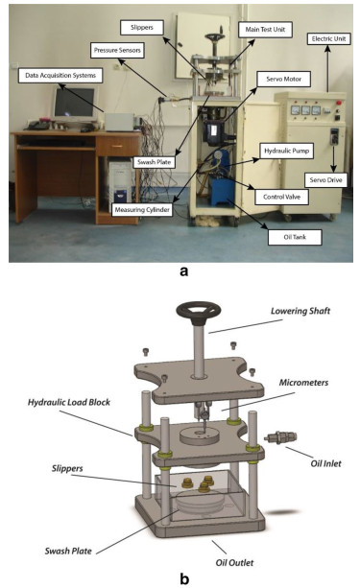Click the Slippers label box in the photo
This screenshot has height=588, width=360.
[142, 28]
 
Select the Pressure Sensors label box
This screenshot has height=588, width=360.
[117, 50]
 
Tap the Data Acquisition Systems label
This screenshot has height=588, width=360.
[60, 76]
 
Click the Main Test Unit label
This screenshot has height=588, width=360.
[265, 29]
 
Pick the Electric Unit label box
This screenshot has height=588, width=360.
[329, 38]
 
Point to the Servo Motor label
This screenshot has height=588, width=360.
[284, 79]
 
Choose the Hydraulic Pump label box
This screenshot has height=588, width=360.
[287, 151]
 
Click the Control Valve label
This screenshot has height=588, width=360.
[281, 197]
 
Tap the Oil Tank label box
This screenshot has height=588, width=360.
[295, 237]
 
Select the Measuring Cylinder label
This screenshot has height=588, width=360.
[142, 210]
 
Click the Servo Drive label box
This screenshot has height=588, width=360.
[325, 180]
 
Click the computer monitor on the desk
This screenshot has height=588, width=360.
[75, 104]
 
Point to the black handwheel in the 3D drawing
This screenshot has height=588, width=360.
[198, 312]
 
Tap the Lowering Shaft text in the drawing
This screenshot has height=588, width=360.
[300, 311]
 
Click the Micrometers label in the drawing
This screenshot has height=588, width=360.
[303, 383]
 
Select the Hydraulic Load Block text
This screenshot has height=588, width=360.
[69, 402]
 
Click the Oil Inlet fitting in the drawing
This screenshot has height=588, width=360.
[280, 437]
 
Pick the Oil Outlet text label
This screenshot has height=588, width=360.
[234, 562]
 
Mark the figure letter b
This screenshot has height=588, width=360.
[184, 578]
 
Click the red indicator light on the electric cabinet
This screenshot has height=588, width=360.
[339, 102]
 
